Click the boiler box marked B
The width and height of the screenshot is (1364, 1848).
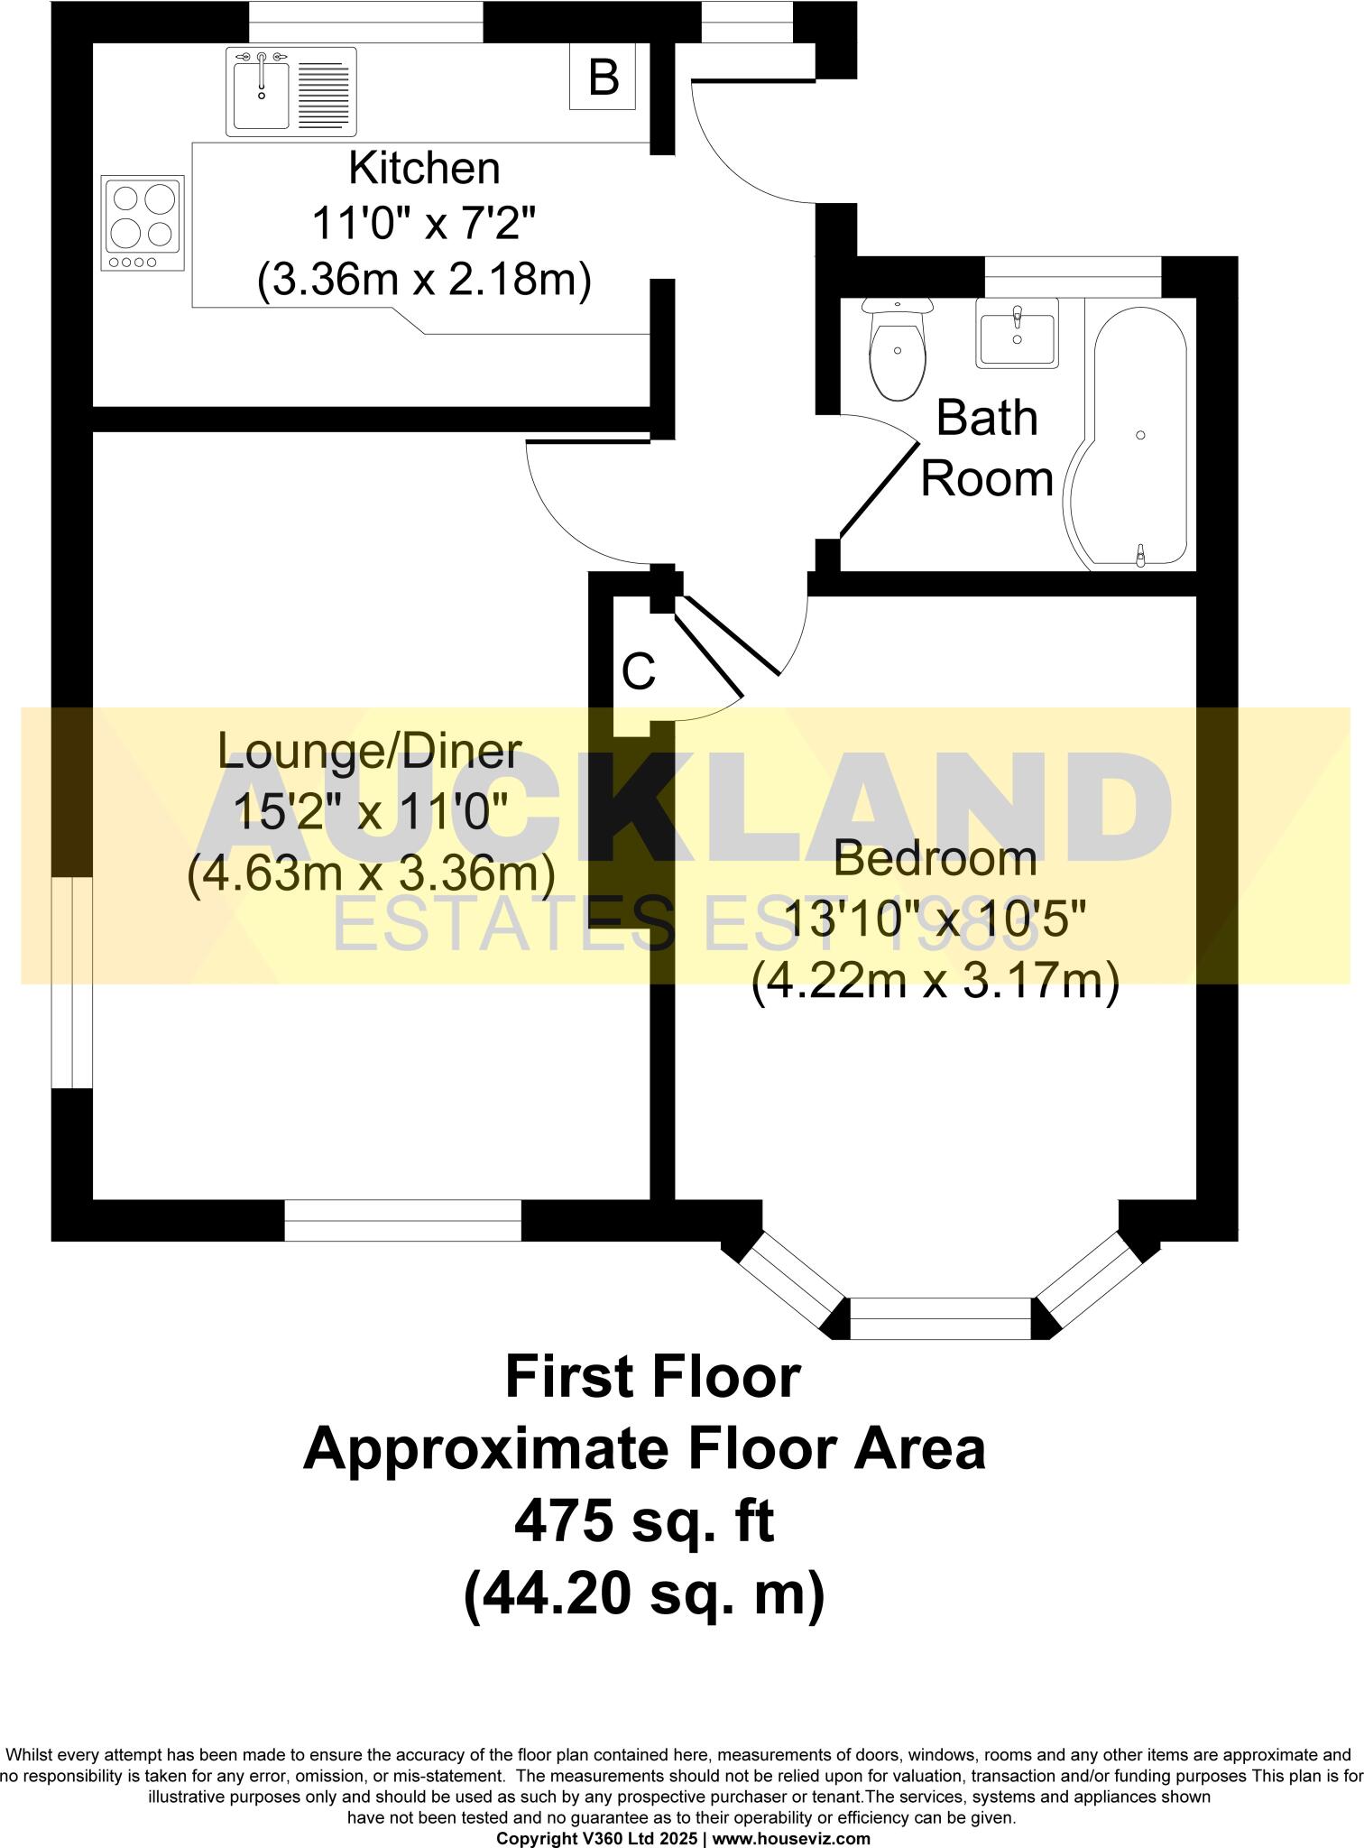pos(603,78)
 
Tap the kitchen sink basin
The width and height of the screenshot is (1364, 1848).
pos(261,91)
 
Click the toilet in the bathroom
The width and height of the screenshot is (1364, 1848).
pos(897,352)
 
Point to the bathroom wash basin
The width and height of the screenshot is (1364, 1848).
pos(1017,333)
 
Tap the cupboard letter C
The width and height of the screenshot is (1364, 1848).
pos(639,672)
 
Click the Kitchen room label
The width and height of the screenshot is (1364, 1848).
pos(424,169)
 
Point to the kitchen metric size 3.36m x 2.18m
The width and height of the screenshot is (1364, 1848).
pos(424,281)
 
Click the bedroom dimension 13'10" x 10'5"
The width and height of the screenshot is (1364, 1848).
pos(935,919)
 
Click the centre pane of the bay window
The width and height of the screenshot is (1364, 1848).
pos(940,1318)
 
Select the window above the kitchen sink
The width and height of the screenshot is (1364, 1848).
pos(365,21)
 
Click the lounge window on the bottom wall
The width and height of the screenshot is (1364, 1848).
pos(402,1220)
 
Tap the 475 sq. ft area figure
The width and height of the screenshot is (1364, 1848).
pos(644,1524)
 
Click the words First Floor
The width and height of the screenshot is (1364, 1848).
pos(652,1378)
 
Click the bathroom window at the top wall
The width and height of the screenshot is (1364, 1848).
pos(1073,276)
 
